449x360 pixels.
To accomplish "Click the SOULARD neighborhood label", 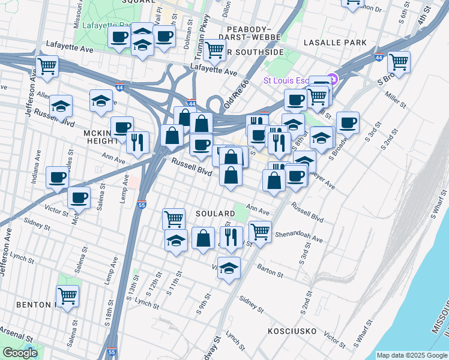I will pos(215,214).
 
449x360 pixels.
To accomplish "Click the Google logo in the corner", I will pos(19,353).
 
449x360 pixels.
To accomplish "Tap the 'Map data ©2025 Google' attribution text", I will pos(412,355).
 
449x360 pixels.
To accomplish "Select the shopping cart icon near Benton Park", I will pos(67,296).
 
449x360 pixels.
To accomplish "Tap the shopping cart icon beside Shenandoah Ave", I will pos(260,231).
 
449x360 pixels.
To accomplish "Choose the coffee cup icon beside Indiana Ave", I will pos(57,177).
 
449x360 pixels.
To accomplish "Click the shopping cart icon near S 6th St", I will pos(399,62).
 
